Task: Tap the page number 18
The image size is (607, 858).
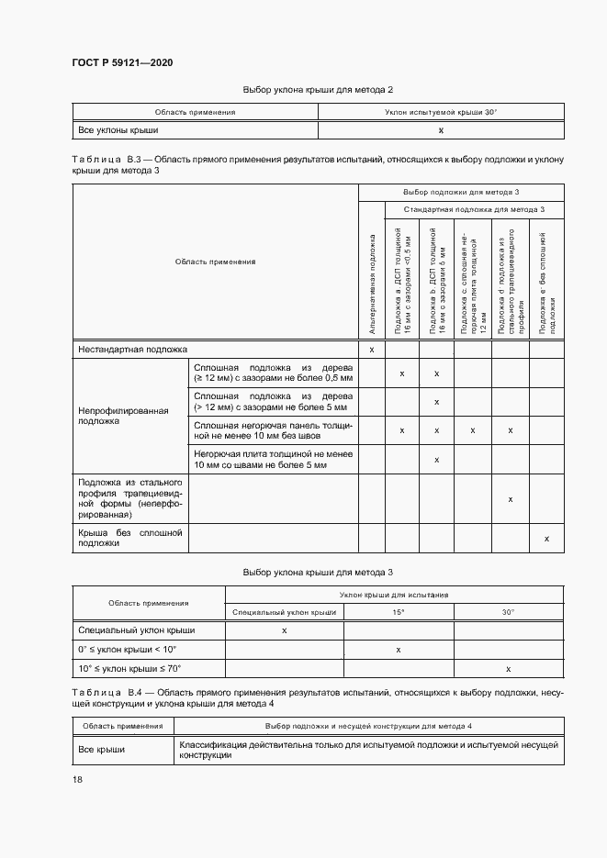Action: click(77, 779)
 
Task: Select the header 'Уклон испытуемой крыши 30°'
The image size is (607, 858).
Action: click(441, 112)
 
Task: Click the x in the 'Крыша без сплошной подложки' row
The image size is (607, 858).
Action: click(546, 538)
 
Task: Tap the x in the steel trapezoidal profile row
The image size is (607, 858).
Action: click(510, 499)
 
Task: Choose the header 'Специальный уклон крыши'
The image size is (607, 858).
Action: click(284, 611)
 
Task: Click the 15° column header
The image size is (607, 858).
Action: click(399, 611)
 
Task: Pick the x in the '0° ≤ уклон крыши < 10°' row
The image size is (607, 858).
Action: click(399, 650)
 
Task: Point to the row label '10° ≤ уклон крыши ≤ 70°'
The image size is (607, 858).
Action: click(130, 669)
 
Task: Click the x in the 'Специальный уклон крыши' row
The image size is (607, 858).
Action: click(284, 630)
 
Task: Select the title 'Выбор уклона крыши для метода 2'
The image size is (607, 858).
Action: click(318, 90)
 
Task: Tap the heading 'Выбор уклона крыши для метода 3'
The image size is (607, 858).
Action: click(318, 573)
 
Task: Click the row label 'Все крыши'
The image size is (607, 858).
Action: click(101, 750)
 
